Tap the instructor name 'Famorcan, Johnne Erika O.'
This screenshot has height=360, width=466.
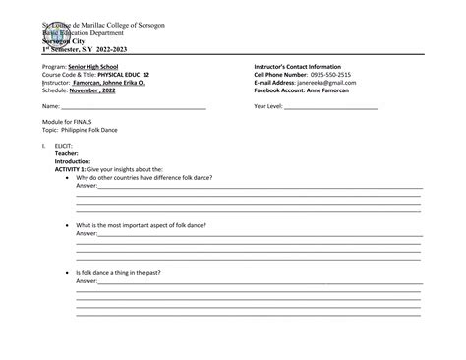coord(114,83)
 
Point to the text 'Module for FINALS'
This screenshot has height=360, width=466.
coord(69,121)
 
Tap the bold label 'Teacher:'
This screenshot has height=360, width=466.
coord(67,153)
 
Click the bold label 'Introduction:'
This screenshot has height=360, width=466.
coord(73,161)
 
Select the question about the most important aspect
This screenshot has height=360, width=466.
coord(141,225)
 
